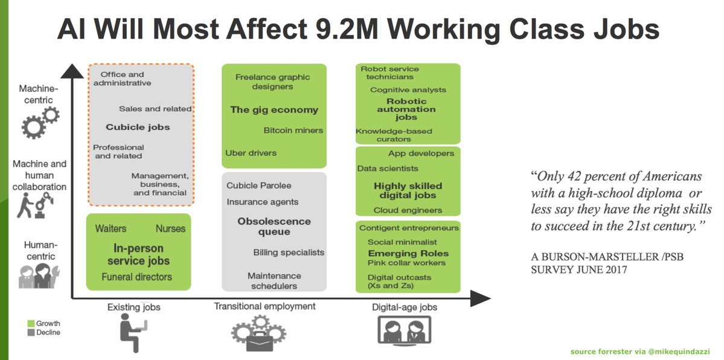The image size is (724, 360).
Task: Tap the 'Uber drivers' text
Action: pyautogui.click(x=251, y=153)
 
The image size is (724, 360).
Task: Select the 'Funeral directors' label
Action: pyautogui.click(x=137, y=277)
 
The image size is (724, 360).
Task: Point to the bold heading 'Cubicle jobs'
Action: pyautogui.click(x=138, y=127)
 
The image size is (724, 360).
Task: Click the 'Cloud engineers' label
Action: pyautogui.click(x=408, y=210)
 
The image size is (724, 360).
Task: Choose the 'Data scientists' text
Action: pyautogui.click(x=388, y=169)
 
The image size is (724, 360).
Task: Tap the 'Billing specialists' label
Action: pyautogui.click(x=289, y=252)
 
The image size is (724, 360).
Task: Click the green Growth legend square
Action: pyautogui.click(x=31, y=324)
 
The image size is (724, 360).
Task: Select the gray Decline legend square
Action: pyautogui.click(x=31, y=333)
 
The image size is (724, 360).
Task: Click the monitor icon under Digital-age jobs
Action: pyautogui.click(x=404, y=335)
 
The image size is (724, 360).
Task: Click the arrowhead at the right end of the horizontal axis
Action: pyautogui.click(x=481, y=298)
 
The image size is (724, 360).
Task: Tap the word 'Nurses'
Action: pyautogui.click(x=170, y=229)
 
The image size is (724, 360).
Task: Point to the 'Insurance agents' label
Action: pyautogui.click(x=262, y=202)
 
